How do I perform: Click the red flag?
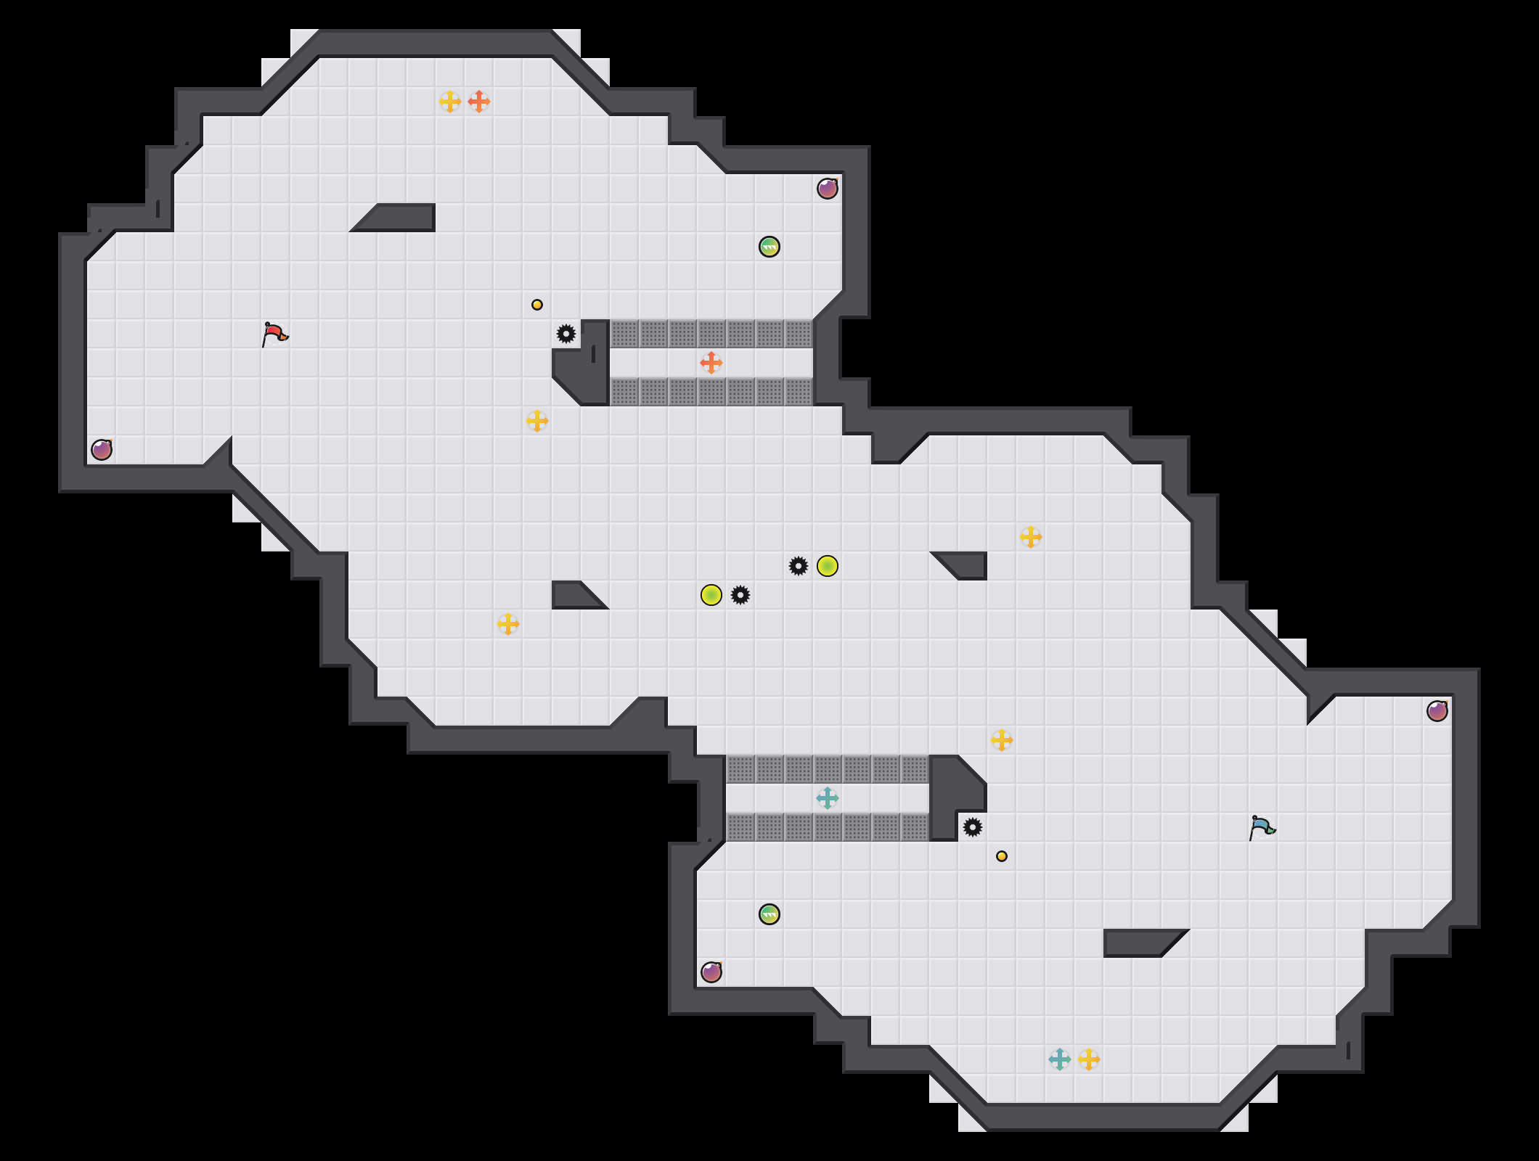pos(274,334)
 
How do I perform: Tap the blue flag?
pos(1262,827)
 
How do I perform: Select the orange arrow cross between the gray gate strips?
pos(711,363)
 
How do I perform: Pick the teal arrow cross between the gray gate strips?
pos(828,798)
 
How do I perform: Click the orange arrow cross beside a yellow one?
pos(479,102)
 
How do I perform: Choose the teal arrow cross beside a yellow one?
pos(1060,1059)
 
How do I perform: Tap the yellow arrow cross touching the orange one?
pos(450,102)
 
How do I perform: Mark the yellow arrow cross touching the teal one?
pos(1089,1059)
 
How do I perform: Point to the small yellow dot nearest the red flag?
pos(537,305)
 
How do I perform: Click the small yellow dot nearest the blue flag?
pos(1002,856)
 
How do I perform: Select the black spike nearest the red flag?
pos(566,334)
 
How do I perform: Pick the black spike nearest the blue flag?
pos(973,827)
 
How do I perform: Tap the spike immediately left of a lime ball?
pos(799,566)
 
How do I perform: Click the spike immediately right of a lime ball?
pos(740,595)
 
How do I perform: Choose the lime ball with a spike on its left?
pos(828,566)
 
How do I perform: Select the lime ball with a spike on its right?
pos(711,595)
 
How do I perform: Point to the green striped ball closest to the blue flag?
pos(769,914)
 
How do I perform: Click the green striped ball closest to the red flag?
pos(769,247)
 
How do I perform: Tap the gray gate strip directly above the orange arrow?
pos(711,334)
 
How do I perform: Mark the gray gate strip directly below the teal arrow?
pos(828,827)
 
